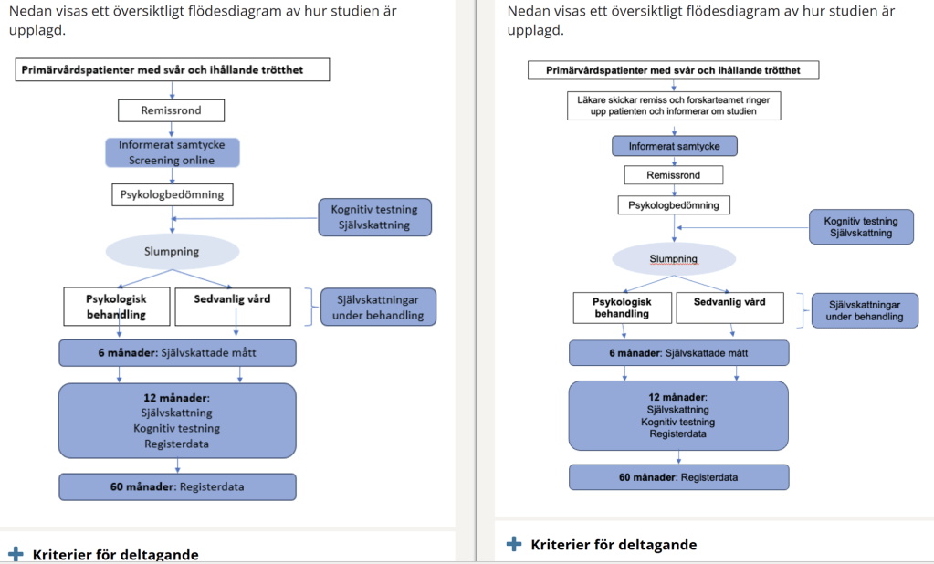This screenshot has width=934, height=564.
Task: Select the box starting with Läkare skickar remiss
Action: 674,105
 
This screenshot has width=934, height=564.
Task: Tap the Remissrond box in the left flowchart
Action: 172,110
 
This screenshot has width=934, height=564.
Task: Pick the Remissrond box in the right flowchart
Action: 674,174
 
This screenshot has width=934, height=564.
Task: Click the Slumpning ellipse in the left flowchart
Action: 173,251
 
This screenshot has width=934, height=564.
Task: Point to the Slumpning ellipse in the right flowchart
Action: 674,258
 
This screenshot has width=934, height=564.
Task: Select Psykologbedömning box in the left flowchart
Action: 172,194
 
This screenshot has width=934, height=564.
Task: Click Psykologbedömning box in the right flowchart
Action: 674,205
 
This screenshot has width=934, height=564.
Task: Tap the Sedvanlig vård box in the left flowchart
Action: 233,307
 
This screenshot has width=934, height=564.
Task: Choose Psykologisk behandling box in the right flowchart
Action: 621,308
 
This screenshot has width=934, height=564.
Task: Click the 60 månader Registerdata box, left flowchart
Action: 177,486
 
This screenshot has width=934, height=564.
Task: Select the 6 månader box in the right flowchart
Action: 678,352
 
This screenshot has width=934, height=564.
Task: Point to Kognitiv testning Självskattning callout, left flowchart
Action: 374,218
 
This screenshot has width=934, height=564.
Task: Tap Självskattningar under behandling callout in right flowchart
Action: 864,310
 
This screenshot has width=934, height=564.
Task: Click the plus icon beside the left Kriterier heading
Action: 16,554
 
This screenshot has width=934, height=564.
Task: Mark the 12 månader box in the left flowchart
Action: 177,420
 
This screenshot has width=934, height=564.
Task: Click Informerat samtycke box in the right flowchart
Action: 674,146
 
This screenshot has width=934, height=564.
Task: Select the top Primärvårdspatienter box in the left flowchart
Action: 173,70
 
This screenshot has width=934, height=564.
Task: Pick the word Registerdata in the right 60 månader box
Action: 708,477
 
